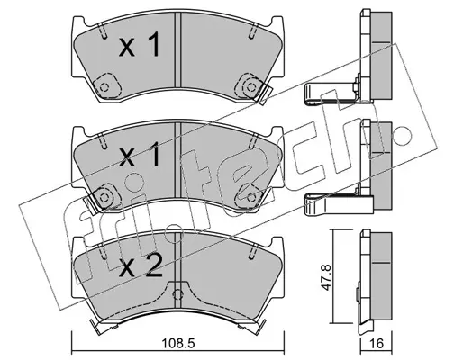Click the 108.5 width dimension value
178,343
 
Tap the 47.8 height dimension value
326,277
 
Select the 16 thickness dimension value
377,343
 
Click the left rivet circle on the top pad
104,87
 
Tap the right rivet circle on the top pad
250,87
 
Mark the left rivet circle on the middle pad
104,197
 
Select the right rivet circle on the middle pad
250,197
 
